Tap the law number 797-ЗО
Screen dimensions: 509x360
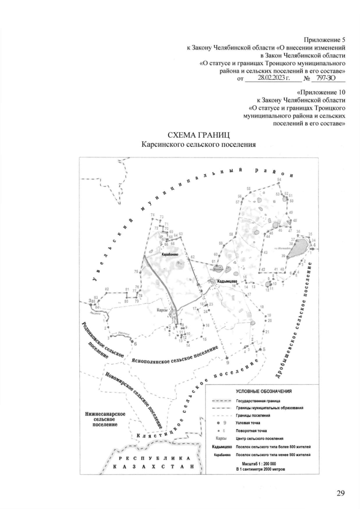[x=326, y=80]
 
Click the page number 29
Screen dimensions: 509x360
[x=340, y=493]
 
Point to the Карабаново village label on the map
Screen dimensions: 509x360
[x=170, y=255]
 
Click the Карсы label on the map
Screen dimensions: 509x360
[x=162, y=310]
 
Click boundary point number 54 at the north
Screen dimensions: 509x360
[x=279, y=179]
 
